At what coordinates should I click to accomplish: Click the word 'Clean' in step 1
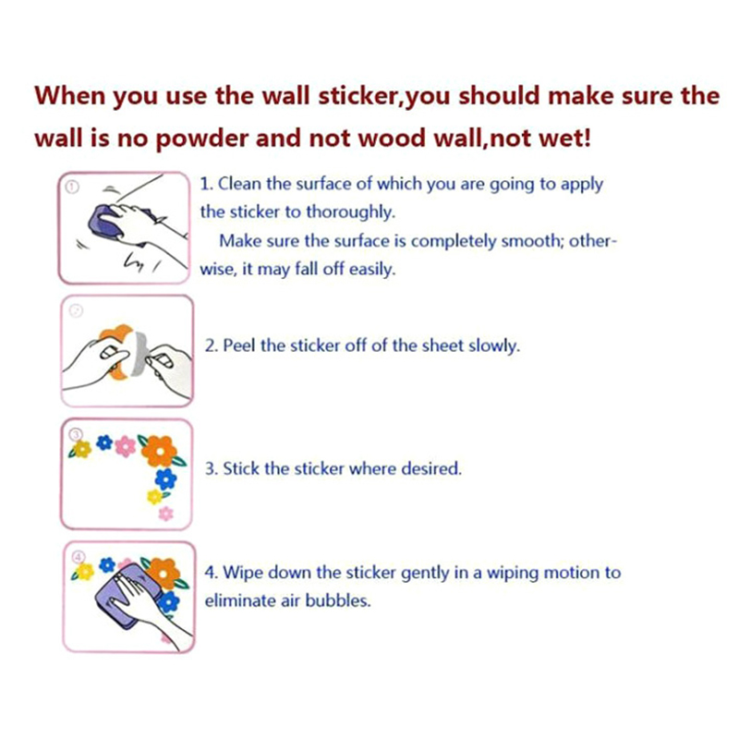239,183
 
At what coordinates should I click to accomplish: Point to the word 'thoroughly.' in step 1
350,212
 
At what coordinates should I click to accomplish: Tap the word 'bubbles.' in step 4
338,600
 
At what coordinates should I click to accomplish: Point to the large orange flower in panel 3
159,451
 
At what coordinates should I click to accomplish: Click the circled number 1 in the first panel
72,188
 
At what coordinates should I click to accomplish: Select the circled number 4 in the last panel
79,558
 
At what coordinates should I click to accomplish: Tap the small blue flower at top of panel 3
104,442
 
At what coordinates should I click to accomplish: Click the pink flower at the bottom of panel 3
165,513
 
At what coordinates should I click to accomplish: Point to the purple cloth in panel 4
127,595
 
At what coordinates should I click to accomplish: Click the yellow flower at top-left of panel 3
81,449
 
